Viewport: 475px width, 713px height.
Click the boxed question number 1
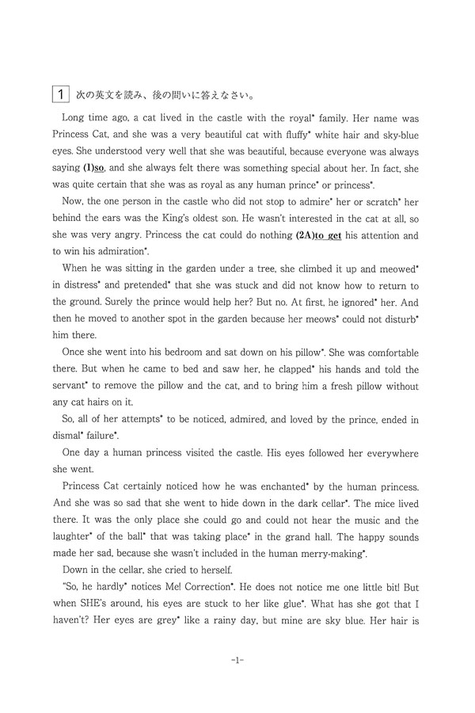(60, 94)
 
